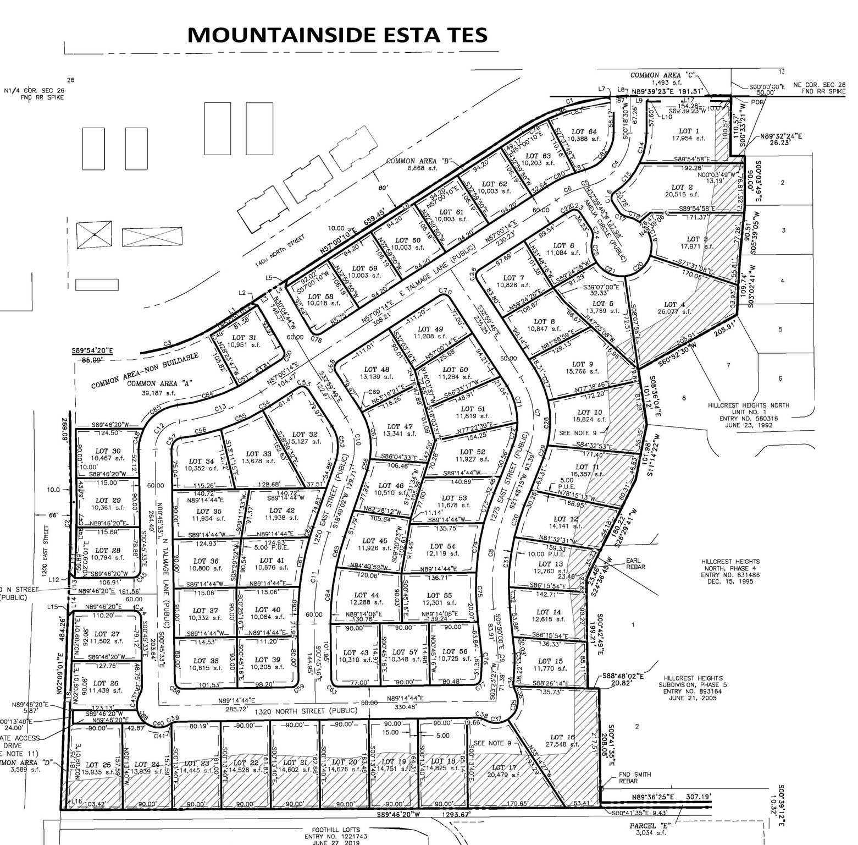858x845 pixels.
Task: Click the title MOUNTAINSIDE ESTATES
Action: [337, 35]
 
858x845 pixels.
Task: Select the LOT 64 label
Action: [584, 131]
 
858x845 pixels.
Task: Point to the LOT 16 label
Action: [562, 737]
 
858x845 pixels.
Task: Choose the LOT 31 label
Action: [244, 338]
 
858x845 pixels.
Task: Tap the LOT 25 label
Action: [99, 765]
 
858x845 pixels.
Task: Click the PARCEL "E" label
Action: [651, 826]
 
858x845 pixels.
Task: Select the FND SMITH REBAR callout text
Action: [634, 777]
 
